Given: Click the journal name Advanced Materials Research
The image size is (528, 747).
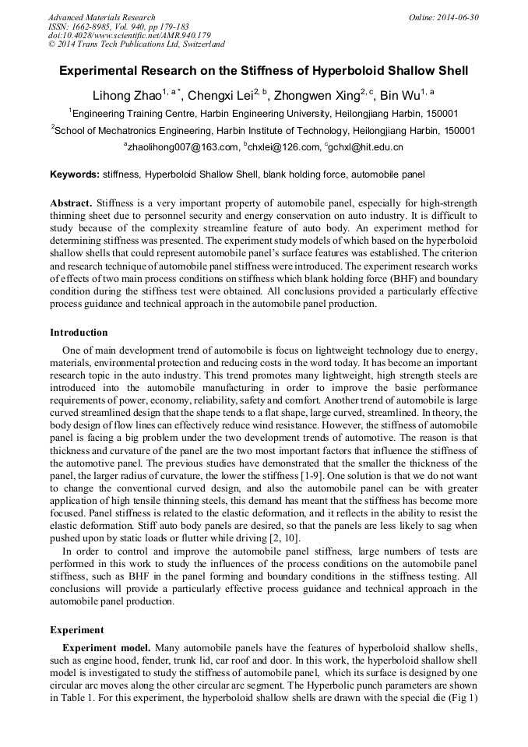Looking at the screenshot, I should [x=101, y=17].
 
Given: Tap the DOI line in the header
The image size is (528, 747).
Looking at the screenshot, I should [x=129, y=35].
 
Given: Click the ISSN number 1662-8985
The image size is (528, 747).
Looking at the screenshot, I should [x=95, y=26].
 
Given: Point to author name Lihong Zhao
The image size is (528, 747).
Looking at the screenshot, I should [x=121, y=97].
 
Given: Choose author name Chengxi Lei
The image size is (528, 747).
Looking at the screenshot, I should [x=219, y=97].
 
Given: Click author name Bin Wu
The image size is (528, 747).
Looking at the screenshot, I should [x=400, y=97].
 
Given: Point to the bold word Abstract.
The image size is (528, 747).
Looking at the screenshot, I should [x=71, y=202].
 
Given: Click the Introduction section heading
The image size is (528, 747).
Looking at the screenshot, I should [x=79, y=333].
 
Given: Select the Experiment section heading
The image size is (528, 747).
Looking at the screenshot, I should [x=76, y=629].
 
